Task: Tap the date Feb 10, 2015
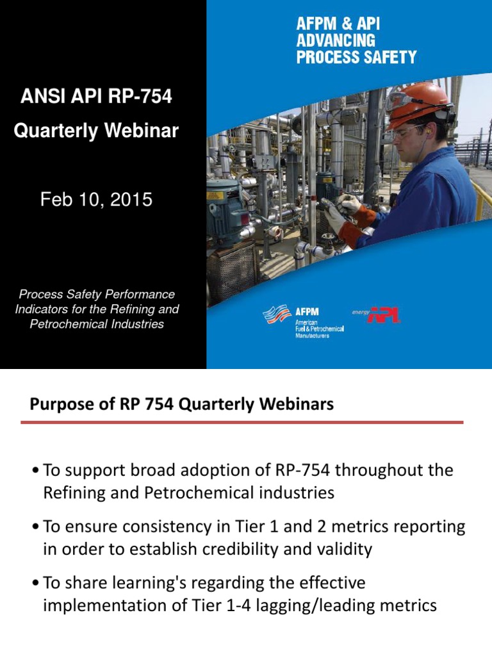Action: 96,200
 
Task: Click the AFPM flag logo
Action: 277,315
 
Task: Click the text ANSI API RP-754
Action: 96,97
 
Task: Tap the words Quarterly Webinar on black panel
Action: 96,131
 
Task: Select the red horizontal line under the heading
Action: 242,422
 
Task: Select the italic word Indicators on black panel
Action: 42,309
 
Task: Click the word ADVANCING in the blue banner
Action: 335,41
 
